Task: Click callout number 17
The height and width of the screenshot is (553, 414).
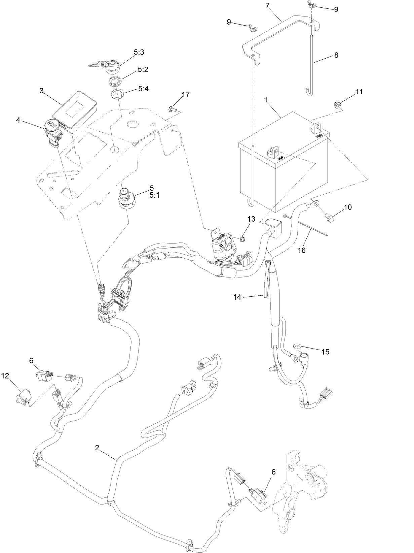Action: tap(186, 95)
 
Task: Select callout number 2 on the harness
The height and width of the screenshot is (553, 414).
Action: tap(97, 448)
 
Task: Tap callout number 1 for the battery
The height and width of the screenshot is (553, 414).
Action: tap(266, 100)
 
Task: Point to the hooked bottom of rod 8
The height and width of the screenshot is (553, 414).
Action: tap(309, 92)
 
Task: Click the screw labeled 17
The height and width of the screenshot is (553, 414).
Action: tap(172, 108)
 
